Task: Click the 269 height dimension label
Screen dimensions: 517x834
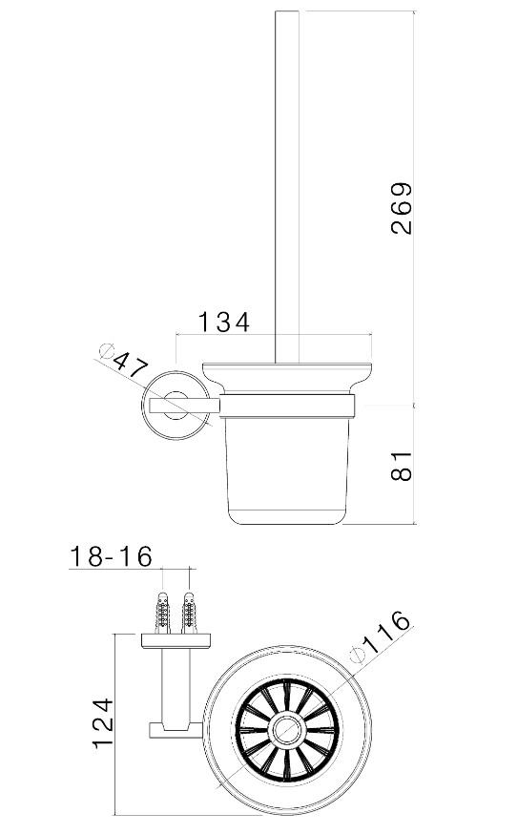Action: click(402, 208)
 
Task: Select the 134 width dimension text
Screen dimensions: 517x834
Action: click(224, 323)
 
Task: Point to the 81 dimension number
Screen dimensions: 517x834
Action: click(402, 466)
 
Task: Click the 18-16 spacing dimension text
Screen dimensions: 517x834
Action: click(112, 556)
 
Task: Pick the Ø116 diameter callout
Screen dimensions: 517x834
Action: click(380, 637)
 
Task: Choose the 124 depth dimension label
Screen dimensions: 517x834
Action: click(103, 724)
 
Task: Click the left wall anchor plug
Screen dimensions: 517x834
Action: click(163, 612)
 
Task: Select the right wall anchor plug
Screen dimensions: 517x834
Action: click(189, 612)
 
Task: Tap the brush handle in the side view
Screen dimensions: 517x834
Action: click(286, 187)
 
